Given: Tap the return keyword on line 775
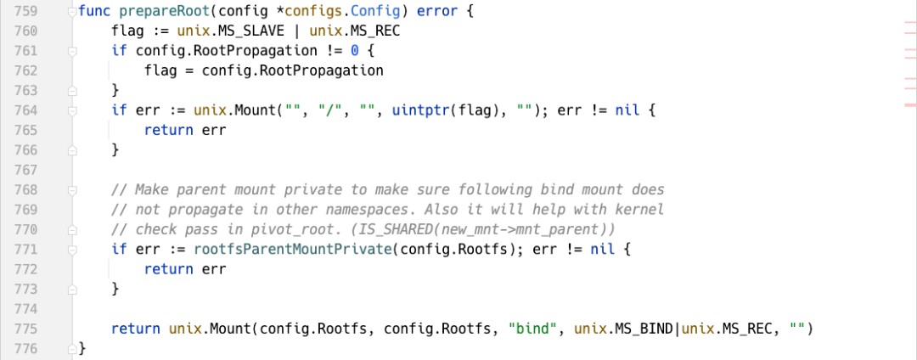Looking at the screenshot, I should pyautogui.click(x=136, y=329).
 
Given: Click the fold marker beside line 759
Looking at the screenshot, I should pyautogui.click(x=71, y=11).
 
